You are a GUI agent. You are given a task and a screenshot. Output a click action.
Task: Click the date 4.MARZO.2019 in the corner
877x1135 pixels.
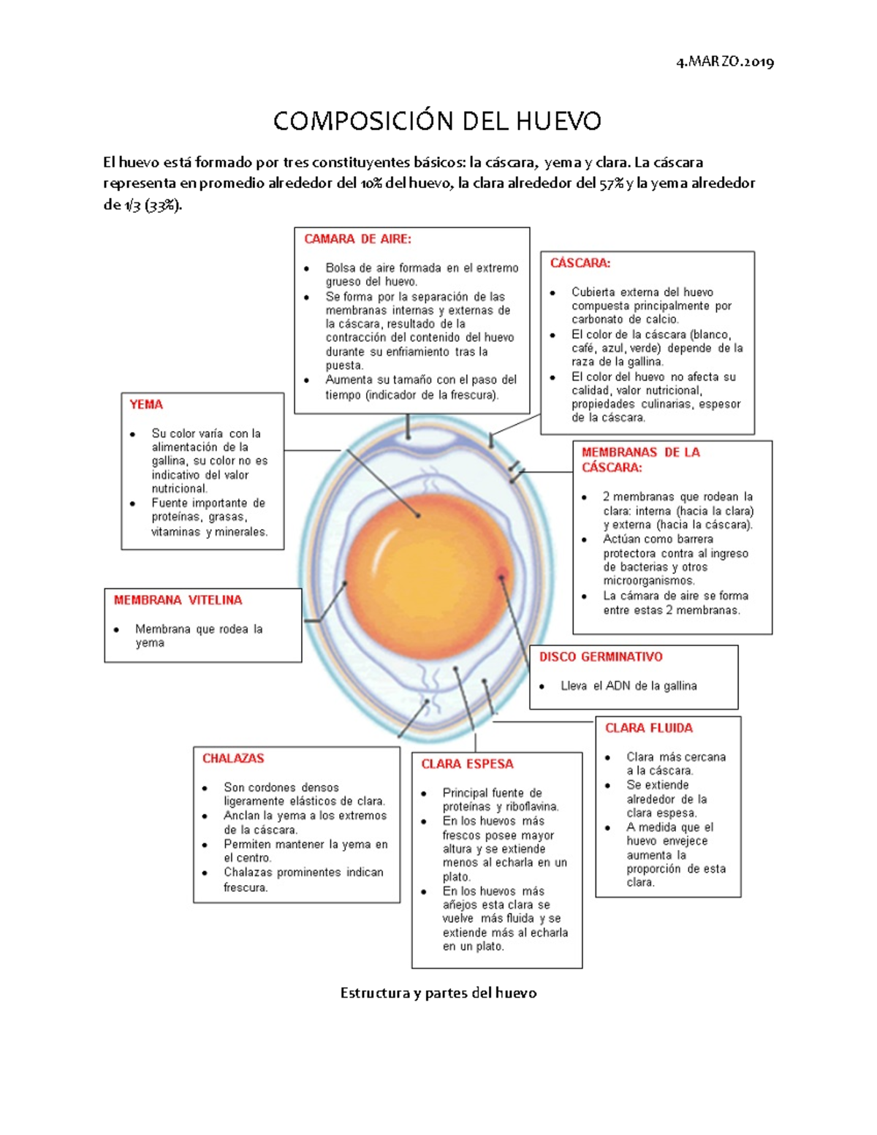click(725, 62)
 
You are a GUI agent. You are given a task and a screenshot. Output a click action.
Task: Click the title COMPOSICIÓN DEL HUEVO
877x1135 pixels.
click(437, 121)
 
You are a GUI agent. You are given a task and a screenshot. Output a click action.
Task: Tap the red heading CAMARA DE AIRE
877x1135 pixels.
click(357, 239)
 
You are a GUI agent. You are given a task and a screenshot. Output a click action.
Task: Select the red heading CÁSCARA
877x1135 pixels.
click(580, 263)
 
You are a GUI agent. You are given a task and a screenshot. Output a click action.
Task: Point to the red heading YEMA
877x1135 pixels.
click(146, 404)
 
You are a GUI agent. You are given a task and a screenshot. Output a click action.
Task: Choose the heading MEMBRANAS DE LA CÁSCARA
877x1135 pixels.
click(640, 460)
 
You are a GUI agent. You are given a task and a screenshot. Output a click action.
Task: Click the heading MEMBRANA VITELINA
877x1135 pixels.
click(178, 600)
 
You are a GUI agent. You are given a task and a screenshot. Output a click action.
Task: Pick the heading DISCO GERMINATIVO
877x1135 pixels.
click(601, 657)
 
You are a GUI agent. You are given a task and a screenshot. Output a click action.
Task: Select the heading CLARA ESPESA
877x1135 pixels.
click(467, 764)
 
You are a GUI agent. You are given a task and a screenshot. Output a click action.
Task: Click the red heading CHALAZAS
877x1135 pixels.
click(233, 759)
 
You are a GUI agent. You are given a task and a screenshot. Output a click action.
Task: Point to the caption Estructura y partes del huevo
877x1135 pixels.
click(438, 993)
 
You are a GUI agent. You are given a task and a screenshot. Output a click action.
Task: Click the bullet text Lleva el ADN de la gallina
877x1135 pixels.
click(629, 686)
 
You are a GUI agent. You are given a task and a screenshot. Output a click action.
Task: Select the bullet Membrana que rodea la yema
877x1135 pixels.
click(198, 636)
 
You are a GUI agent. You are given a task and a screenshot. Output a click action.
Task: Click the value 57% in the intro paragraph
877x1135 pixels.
click(612, 183)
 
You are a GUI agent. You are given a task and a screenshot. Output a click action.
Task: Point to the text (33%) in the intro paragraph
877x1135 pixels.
click(162, 205)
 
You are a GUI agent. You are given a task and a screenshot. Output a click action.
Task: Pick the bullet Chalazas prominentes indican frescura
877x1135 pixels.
click(303, 879)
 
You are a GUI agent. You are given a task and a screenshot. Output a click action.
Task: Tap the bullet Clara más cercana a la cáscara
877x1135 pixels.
click(675, 764)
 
